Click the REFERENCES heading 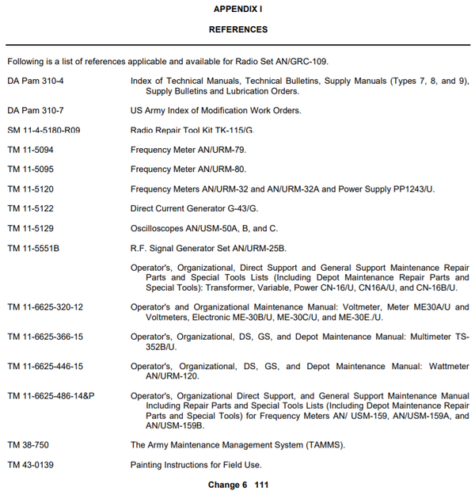point(237,29)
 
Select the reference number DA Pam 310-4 point(36,81)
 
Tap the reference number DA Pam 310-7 point(36,110)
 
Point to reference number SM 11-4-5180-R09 point(44,130)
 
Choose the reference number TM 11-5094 point(31,149)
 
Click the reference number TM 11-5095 point(31,169)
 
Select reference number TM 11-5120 point(31,189)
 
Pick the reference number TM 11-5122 point(31,208)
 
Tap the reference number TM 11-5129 point(31,228)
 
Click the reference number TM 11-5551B point(34,248)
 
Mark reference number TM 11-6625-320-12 point(45,307)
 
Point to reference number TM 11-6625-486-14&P point(51,395)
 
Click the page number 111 point(262,485)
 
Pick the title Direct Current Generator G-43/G point(195,208)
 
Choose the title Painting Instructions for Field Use point(196,464)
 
